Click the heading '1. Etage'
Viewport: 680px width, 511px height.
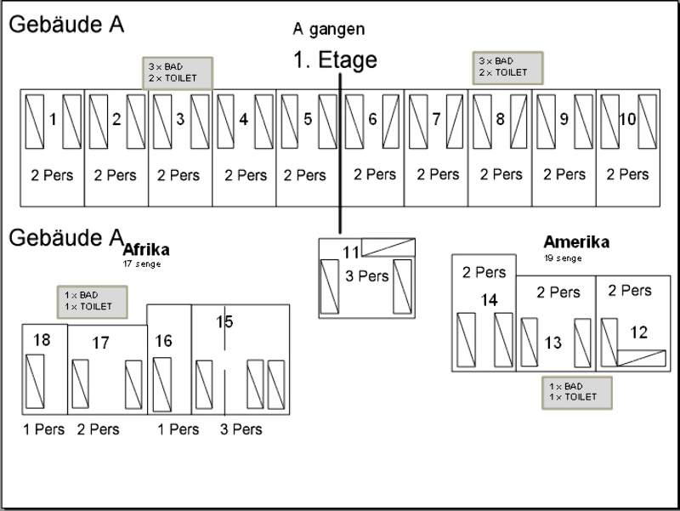334,60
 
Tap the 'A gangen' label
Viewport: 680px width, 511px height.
329,29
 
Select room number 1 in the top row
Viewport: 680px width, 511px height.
53,119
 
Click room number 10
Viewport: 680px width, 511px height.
627,119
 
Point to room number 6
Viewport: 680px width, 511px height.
372,119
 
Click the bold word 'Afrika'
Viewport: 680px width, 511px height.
146,249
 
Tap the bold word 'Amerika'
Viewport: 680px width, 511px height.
576,242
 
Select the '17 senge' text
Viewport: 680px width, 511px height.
142,264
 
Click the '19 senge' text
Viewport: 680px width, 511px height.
564,258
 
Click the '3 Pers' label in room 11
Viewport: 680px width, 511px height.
367,276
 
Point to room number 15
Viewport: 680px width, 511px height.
224,321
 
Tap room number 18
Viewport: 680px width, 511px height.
42,340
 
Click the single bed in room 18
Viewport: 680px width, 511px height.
35,380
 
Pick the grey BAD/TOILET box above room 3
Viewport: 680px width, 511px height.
177,72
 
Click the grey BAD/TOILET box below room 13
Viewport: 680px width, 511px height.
575,392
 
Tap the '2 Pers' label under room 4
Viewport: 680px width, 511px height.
246,175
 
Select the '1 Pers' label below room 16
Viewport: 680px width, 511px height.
178,429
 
